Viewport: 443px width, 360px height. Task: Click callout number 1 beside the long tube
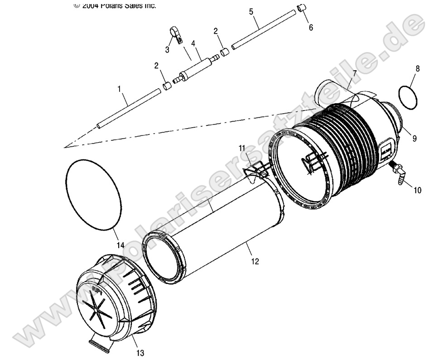pyautogui.click(x=119, y=90)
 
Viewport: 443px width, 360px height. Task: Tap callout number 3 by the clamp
pyautogui.click(x=167, y=50)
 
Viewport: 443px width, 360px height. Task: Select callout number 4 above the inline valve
pyautogui.click(x=193, y=44)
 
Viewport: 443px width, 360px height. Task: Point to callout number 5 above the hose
pyautogui.click(x=251, y=11)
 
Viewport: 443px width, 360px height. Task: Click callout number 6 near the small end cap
pyautogui.click(x=311, y=28)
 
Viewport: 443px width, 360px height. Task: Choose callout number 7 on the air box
pyautogui.click(x=354, y=73)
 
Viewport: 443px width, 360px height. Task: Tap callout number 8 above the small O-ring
pyautogui.click(x=418, y=69)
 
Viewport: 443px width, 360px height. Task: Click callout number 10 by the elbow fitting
pyautogui.click(x=417, y=190)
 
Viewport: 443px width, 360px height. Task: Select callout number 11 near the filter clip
pyautogui.click(x=242, y=148)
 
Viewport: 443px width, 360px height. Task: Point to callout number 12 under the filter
pyautogui.click(x=255, y=261)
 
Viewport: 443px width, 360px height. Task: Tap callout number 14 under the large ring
pyautogui.click(x=120, y=245)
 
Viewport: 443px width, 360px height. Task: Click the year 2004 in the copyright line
pyautogui.click(x=92, y=5)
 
